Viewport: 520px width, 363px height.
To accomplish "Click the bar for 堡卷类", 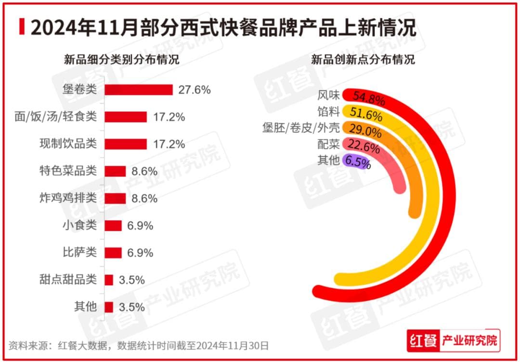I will click(139, 90).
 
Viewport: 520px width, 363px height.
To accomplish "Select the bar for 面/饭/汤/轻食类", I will click(126, 117).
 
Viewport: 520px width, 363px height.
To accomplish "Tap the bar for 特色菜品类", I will click(115, 171).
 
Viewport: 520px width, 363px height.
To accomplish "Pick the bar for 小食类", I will click(113, 225).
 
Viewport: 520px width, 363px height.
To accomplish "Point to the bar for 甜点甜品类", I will click(109, 280).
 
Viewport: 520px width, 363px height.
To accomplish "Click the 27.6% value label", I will click(195, 90).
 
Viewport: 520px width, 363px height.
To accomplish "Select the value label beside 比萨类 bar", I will click(141, 253).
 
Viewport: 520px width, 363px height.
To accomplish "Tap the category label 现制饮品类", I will click(68, 144).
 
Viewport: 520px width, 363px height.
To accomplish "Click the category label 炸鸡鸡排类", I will click(68, 198).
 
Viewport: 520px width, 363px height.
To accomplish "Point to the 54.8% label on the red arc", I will click(369, 99).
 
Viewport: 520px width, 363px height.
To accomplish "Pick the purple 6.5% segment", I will click(357, 162).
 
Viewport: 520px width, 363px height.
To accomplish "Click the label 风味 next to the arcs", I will click(329, 95).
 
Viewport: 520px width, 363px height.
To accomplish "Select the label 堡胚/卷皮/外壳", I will click(301, 128).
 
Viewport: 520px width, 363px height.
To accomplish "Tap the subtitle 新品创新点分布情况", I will click(363, 61).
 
